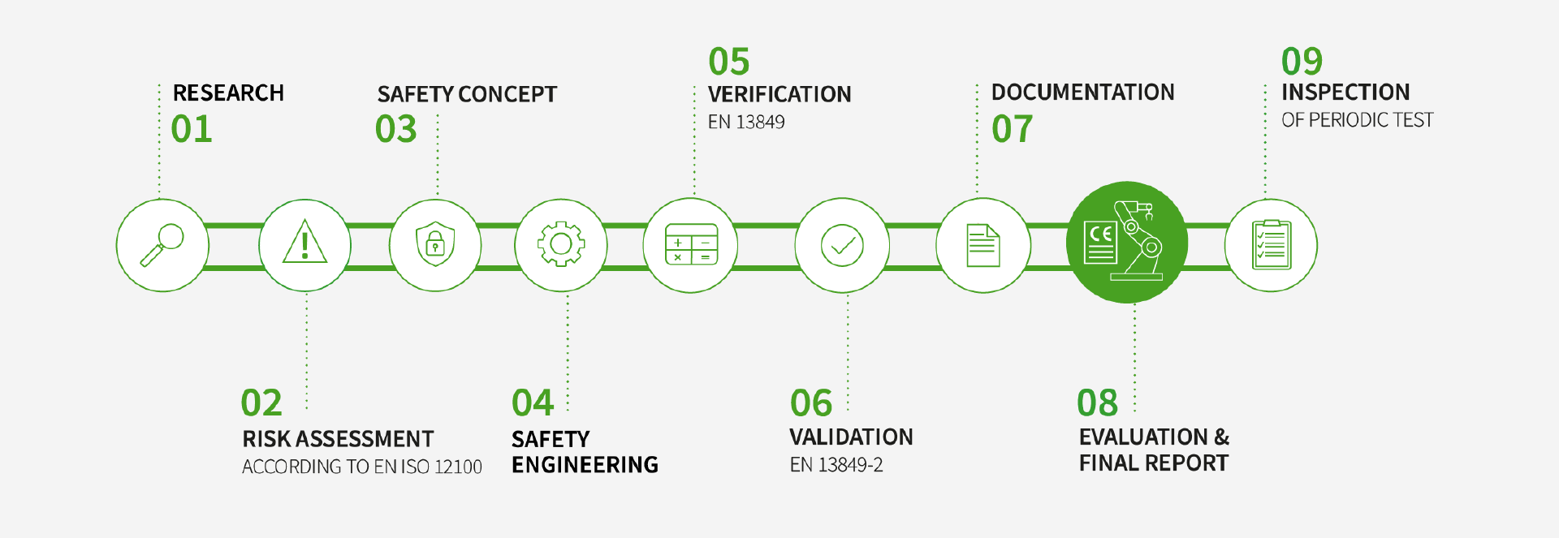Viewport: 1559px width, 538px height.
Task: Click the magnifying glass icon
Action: (x=162, y=245)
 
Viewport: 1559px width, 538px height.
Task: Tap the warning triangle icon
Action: (x=305, y=241)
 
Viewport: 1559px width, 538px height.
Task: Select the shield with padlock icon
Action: (x=435, y=244)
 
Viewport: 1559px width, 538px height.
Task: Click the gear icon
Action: (x=561, y=244)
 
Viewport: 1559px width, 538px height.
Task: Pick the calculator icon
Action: (x=691, y=244)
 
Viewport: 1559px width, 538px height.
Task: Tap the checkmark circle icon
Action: (x=842, y=245)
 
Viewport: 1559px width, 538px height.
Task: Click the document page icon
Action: (x=982, y=245)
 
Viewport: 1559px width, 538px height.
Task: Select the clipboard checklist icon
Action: (x=1272, y=244)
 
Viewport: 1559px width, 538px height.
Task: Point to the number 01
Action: (x=192, y=129)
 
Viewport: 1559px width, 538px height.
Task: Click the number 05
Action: (x=729, y=62)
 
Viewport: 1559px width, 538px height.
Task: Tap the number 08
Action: (x=1098, y=403)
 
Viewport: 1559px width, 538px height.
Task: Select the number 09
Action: (x=1302, y=62)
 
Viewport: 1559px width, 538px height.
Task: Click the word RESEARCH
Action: (x=228, y=93)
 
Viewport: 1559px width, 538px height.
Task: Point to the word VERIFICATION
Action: (x=779, y=95)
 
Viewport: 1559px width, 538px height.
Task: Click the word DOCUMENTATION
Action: (x=1083, y=93)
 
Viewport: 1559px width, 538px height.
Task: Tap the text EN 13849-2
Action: (x=836, y=465)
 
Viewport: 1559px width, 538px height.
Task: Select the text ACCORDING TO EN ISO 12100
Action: (x=362, y=467)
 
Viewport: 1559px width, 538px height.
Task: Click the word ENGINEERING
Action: (x=585, y=465)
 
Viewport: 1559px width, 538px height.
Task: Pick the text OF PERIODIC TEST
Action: (x=1358, y=120)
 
